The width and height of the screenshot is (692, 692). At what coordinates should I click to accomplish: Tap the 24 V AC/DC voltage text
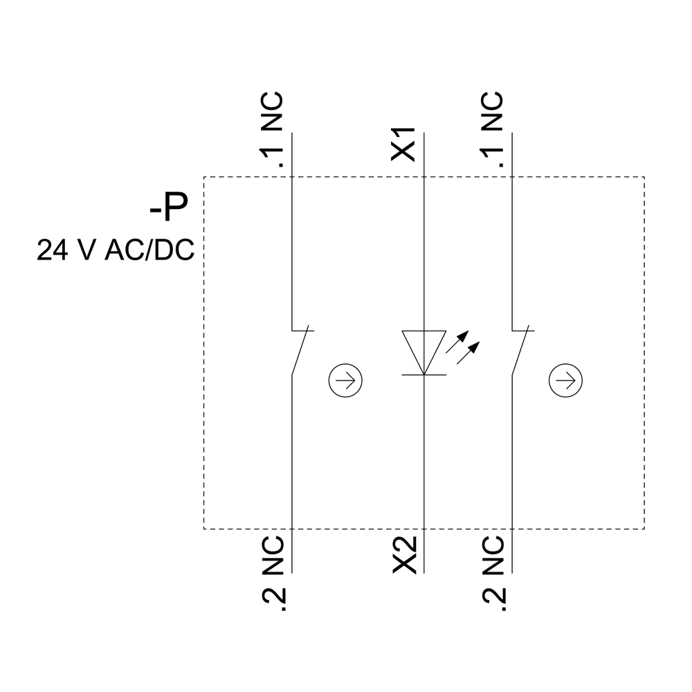click(116, 251)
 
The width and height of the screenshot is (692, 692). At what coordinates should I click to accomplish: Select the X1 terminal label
click(403, 145)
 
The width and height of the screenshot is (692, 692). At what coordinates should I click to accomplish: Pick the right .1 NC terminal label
click(493, 132)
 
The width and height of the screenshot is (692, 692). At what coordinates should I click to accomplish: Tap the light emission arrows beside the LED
click(462, 348)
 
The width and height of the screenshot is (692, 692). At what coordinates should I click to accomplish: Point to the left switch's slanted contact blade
click(302, 352)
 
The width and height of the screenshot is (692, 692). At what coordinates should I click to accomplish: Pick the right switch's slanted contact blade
click(522, 352)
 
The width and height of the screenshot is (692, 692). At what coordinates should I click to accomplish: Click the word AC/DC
click(149, 251)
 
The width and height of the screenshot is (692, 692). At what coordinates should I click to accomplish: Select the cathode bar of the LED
click(423, 374)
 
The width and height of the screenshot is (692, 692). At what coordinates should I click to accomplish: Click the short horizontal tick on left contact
click(303, 330)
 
